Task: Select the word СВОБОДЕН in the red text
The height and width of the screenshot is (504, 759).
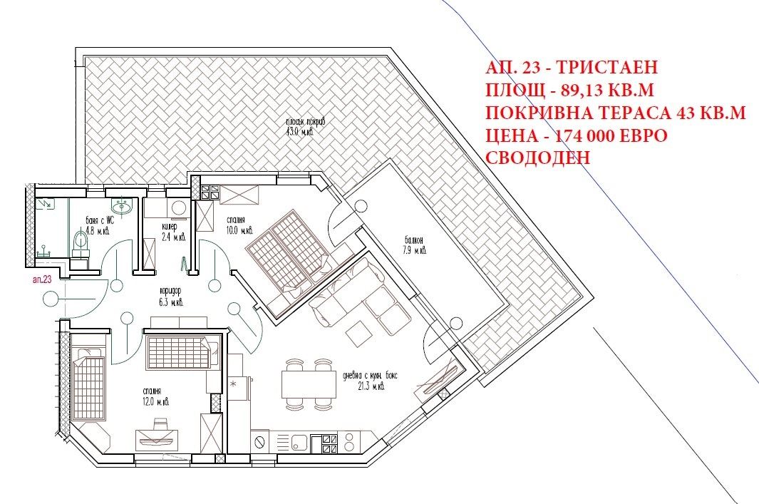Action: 538,158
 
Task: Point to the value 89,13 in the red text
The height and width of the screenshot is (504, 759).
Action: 589,91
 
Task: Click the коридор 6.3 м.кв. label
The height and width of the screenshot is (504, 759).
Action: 168,297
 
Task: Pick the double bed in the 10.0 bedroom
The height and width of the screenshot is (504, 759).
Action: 289,246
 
